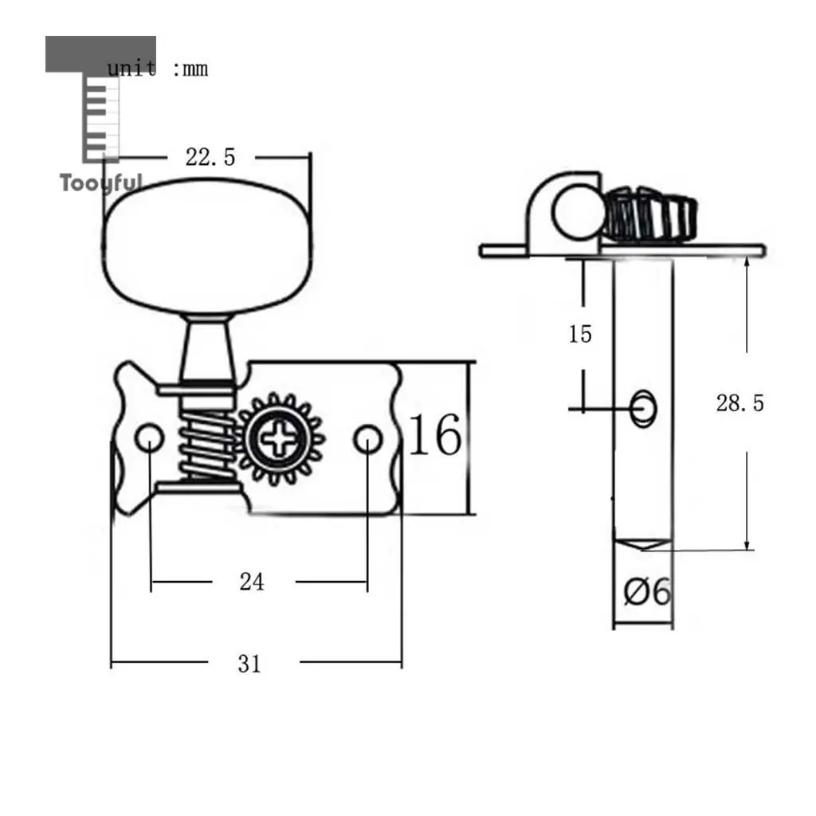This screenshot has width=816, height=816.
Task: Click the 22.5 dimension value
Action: pos(210,157)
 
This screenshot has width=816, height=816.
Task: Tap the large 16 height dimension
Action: pos(435,435)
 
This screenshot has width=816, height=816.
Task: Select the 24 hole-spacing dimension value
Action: pos(252,582)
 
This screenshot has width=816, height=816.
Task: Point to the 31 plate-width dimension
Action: pos(249,664)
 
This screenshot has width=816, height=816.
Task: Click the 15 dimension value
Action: pos(580,334)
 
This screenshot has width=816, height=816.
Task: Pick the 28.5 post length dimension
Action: pos(740,403)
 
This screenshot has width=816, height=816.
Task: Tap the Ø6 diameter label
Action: pos(647,592)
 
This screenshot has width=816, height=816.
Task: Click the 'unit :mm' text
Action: pos(157,69)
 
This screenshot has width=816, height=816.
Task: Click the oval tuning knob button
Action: pos(206,245)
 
